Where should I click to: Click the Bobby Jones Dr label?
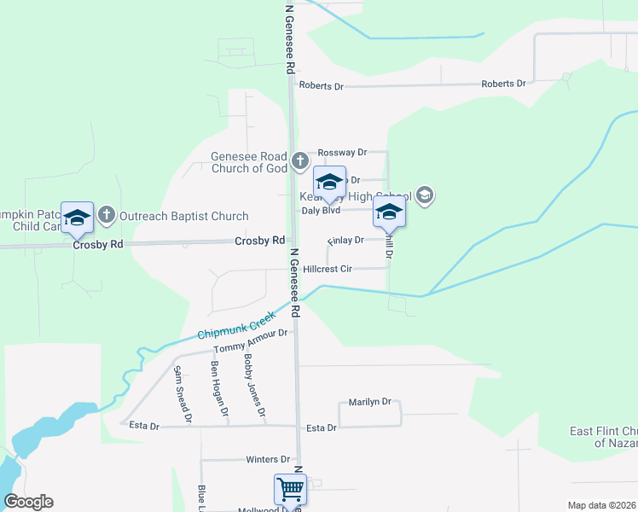(254, 386)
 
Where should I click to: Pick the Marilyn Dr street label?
(369, 402)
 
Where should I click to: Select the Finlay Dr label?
(345, 241)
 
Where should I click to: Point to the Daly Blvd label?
(322, 210)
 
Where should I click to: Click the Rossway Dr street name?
(341, 152)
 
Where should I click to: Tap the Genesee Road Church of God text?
(249, 162)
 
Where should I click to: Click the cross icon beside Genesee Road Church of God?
(299, 160)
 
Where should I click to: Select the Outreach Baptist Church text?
(184, 217)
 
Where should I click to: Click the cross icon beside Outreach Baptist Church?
(107, 214)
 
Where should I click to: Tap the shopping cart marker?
(290, 490)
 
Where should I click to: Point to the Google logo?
(28, 502)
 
